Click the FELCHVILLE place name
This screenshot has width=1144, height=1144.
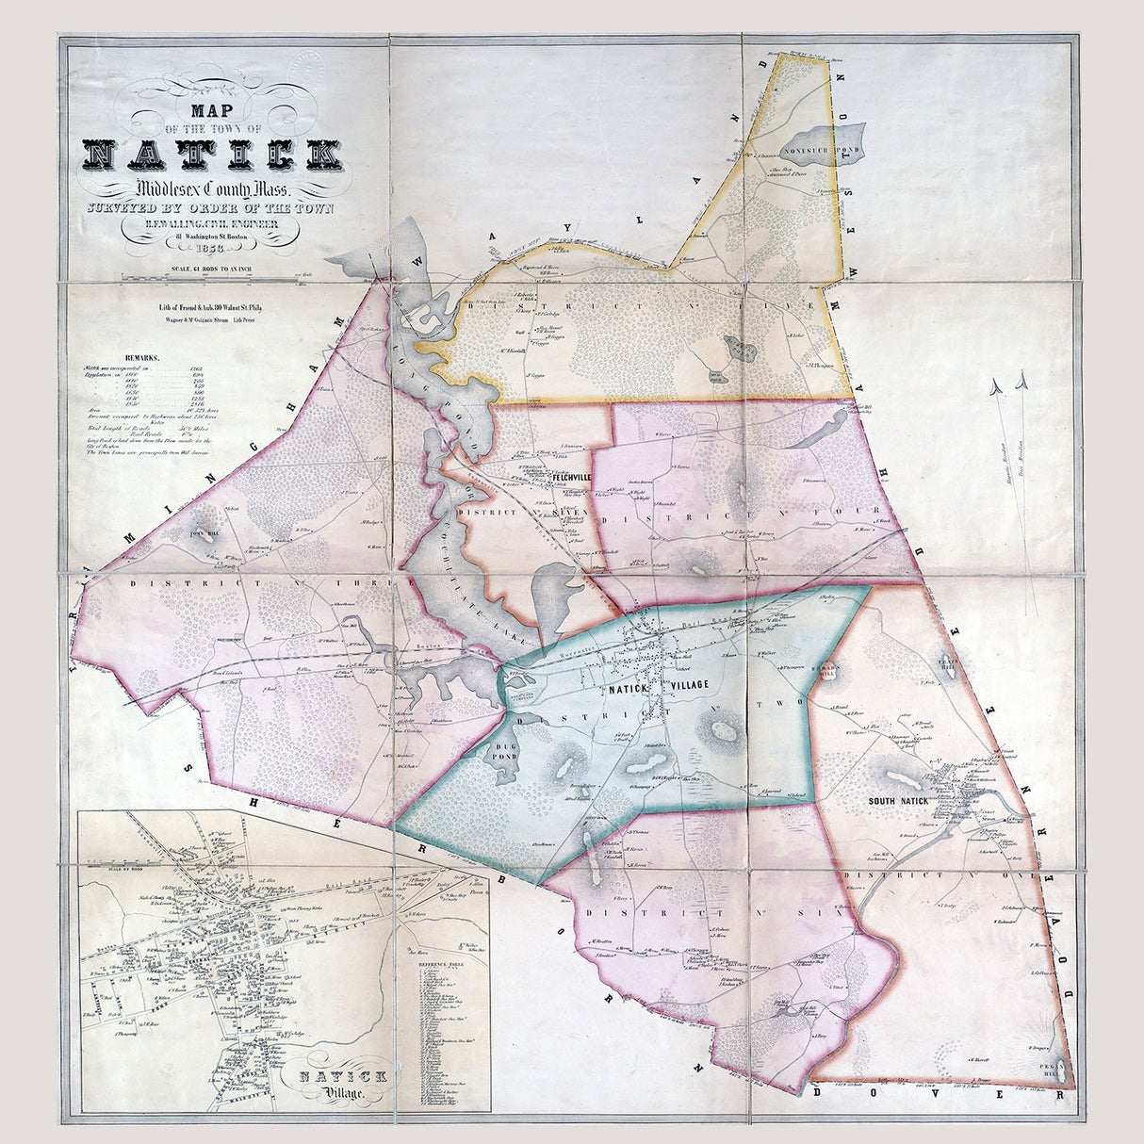point(572,477)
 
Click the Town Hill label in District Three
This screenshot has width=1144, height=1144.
point(204,534)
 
